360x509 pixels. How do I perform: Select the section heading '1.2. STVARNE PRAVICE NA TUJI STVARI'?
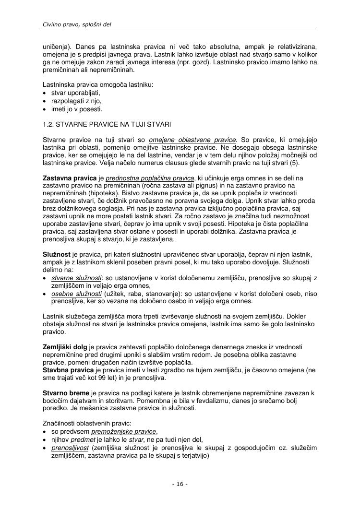point(107,124)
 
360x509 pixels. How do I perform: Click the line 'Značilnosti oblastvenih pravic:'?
point(87,423)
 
